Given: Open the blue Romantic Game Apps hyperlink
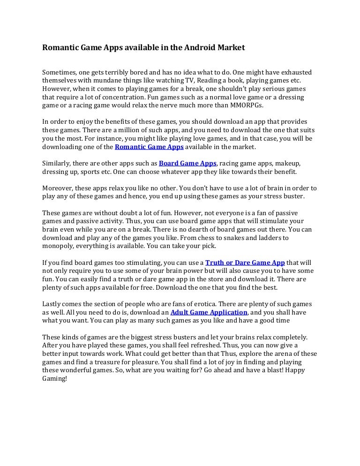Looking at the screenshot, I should click(149, 147).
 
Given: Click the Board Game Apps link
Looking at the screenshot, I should click(187, 163).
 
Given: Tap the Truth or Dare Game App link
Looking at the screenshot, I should click(245, 263).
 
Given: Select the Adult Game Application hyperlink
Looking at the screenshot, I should click(209, 312).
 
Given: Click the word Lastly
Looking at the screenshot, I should click(52, 304).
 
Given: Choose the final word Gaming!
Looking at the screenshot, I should click(55, 379).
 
